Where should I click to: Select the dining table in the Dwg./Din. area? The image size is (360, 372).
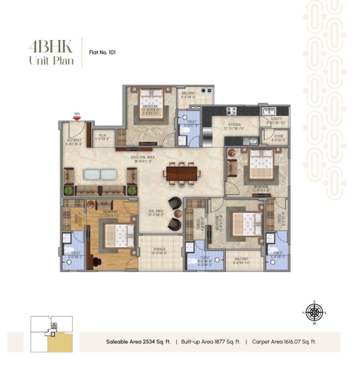tap(182, 173)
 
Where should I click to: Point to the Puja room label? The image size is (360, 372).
tap(103, 137)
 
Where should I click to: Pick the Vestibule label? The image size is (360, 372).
tap(74, 141)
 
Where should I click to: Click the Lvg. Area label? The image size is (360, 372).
tap(155, 212)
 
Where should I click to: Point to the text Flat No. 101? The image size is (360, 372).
tap(102, 52)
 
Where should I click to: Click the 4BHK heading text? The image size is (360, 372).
tap(50, 46)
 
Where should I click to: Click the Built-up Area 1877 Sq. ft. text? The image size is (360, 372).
tap(210, 342)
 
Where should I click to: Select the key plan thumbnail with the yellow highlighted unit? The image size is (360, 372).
tap(52, 334)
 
